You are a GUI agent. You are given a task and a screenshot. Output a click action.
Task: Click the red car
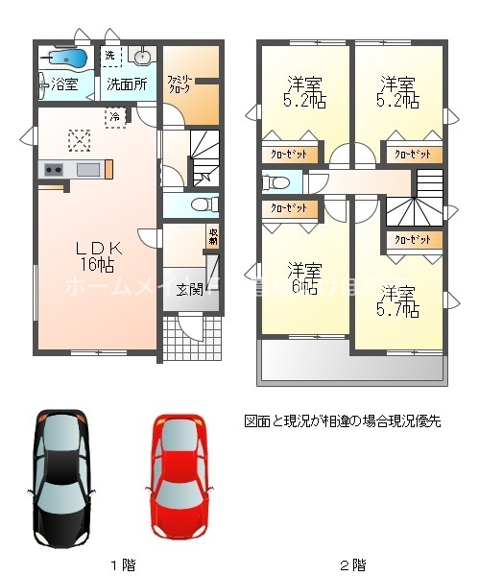pyautogui.click(x=180, y=476)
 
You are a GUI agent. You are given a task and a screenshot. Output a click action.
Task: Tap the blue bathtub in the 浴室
pyautogui.click(x=64, y=61)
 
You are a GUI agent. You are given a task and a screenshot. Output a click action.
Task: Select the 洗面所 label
pyautogui.click(x=127, y=84)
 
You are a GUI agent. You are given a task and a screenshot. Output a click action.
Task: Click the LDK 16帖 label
pyautogui.click(x=96, y=255)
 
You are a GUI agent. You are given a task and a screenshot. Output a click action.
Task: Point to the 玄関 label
pyautogui.click(x=188, y=290)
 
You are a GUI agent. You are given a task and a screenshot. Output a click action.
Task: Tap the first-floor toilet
pyautogui.click(x=201, y=204)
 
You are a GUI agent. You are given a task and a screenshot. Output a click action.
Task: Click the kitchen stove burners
pyautogui.click(x=51, y=170)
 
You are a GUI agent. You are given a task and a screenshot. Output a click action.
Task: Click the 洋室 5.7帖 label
pyautogui.click(x=397, y=300)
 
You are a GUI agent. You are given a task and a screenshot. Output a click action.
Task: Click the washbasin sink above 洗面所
pyautogui.click(x=142, y=55)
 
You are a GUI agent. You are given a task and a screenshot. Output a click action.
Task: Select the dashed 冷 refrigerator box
pyautogui.click(x=115, y=116)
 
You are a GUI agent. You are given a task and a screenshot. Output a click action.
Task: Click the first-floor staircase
pyautogui.click(x=204, y=158)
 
